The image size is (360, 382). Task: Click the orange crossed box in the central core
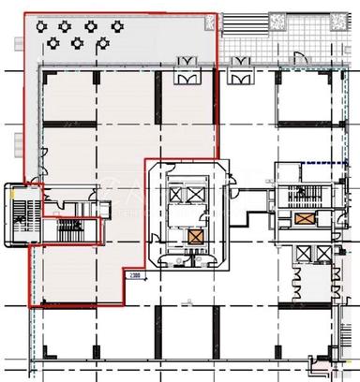(x=195, y=237)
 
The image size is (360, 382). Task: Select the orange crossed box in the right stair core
(x=305, y=219)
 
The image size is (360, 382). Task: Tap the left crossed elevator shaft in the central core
(x=174, y=194)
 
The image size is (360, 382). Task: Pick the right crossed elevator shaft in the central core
(x=195, y=194)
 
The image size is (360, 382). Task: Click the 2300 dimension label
(x=136, y=275)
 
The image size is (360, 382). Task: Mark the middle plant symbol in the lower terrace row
(x=76, y=42)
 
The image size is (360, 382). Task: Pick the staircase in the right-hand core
(x=302, y=196)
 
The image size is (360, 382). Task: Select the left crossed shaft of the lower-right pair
(x=301, y=254)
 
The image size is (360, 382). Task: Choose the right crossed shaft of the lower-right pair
(x=322, y=254)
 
